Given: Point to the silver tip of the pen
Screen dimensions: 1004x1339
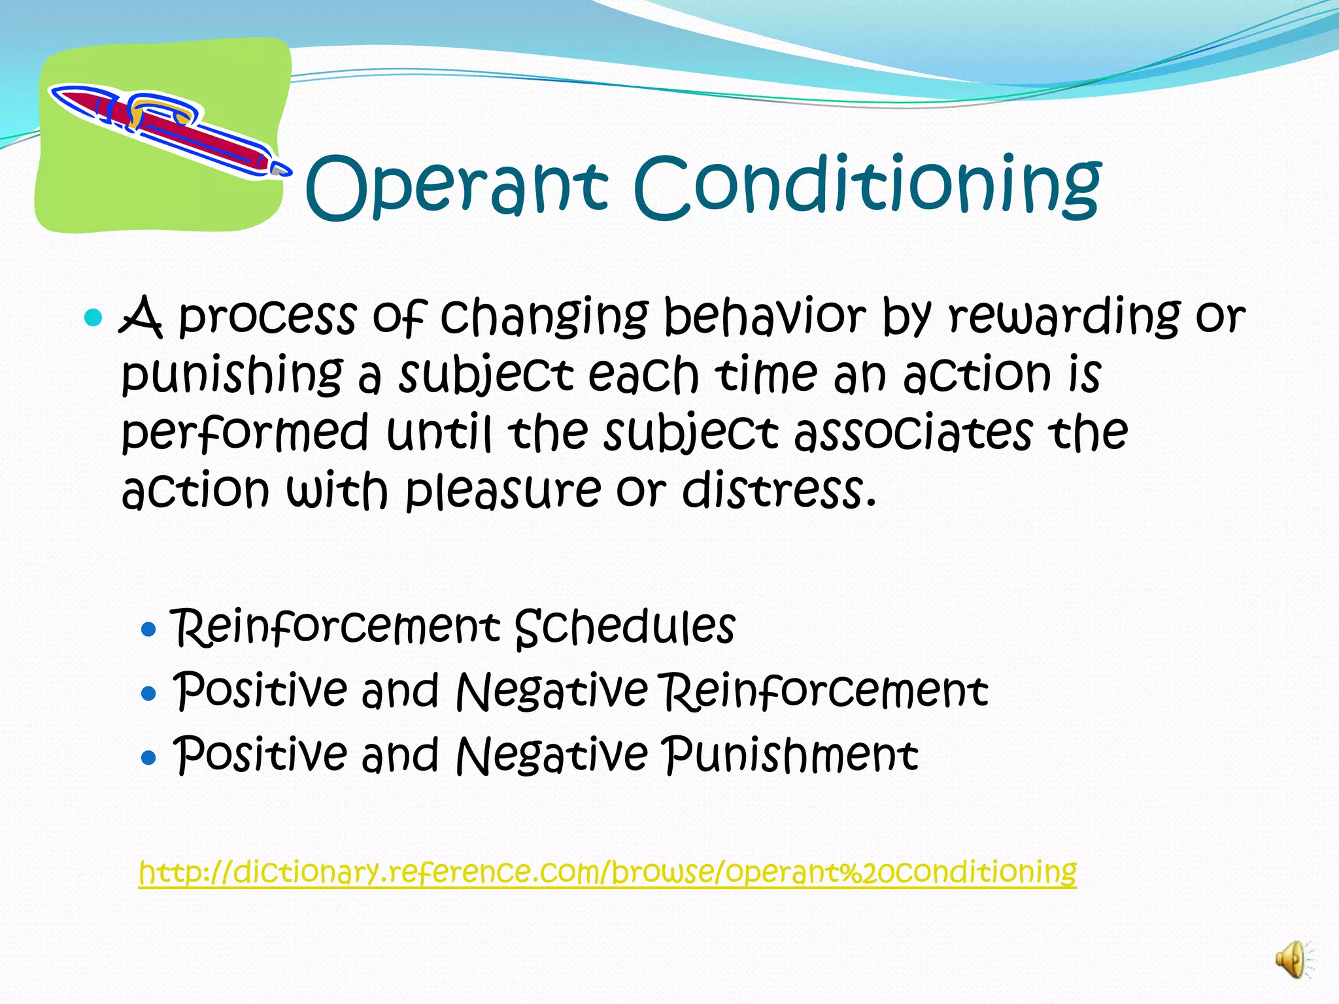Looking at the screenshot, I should tap(281, 169).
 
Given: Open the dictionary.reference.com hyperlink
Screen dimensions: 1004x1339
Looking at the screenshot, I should tap(607, 871).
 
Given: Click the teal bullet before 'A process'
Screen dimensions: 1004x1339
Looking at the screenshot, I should tap(94, 318).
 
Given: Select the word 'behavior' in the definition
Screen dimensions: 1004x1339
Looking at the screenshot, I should tap(764, 316).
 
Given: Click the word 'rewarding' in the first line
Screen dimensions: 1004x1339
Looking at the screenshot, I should tap(1064, 316).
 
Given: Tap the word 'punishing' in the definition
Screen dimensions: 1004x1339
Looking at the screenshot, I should tap(232, 376).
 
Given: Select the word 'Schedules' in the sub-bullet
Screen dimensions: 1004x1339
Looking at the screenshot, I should tap(625, 627).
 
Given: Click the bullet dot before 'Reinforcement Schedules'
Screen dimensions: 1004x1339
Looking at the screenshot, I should tap(149, 629).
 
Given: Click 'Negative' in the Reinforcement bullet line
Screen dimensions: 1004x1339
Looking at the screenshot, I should tap(552, 691).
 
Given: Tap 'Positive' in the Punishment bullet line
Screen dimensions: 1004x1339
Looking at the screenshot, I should tap(260, 755).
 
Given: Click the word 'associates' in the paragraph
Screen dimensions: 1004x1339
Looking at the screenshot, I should tap(913, 433).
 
